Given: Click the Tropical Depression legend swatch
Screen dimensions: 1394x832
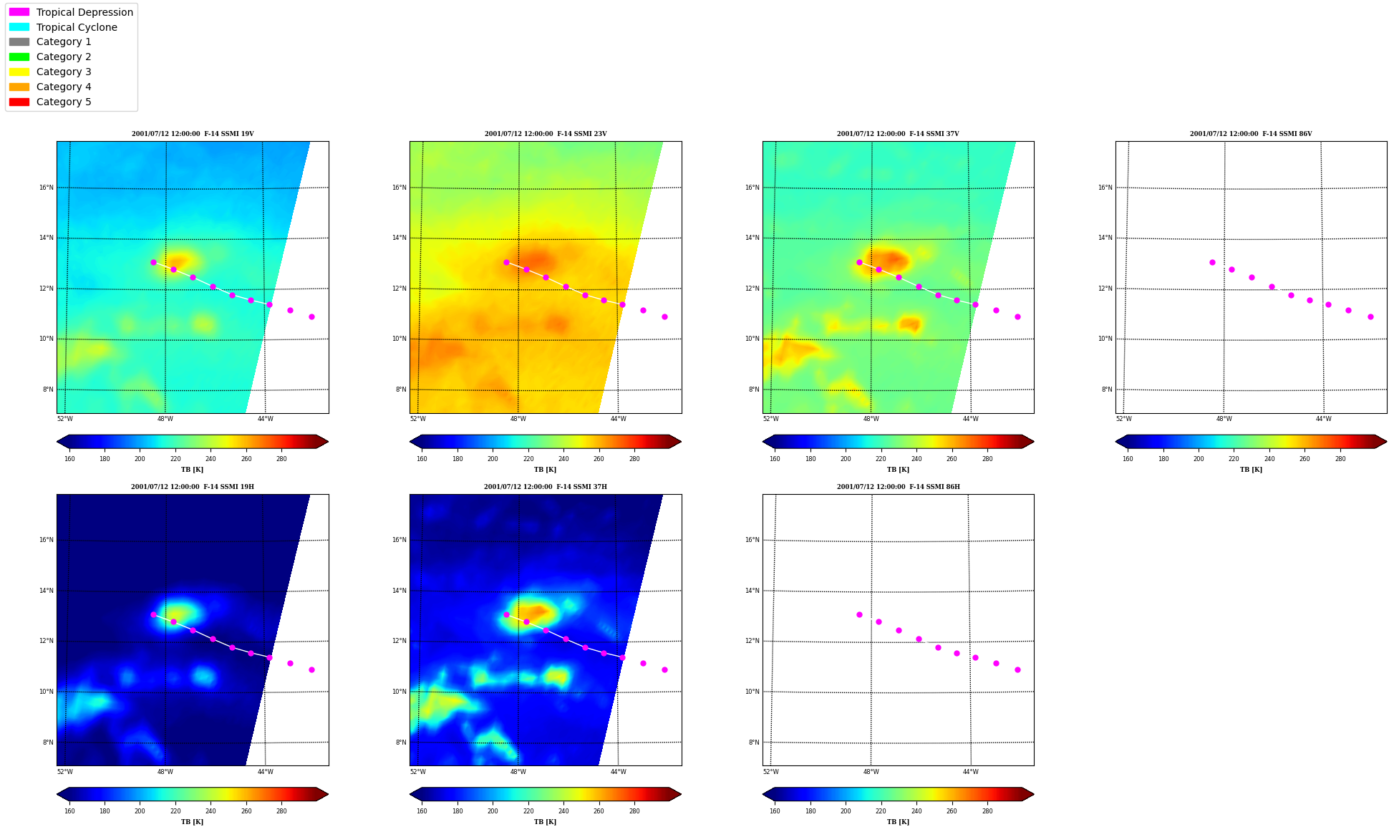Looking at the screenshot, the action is pyautogui.click(x=19, y=12).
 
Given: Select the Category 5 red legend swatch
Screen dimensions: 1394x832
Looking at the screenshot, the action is pyautogui.click(x=19, y=102).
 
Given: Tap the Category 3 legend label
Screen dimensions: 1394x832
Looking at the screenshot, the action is pyautogui.click(x=64, y=72).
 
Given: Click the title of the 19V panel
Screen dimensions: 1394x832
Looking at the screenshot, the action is pyautogui.click(x=193, y=134).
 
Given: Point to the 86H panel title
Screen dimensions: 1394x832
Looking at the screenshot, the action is pyautogui.click(x=899, y=487).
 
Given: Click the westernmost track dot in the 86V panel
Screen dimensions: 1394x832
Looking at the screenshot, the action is pyautogui.click(x=1212, y=262).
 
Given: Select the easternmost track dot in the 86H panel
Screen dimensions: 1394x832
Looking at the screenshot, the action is pyautogui.click(x=1017, y=669).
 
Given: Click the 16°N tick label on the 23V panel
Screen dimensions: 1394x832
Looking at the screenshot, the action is pyautogui.click(x=399, y=188).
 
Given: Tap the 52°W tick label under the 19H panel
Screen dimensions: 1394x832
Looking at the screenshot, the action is pyautogui.click(x=64, y=772).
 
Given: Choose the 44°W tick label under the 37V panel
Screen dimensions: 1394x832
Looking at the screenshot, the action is pyautogui.click(x=971, y=419).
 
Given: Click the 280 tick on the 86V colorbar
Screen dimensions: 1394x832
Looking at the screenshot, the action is pyautogui.click(x=1340, y=459).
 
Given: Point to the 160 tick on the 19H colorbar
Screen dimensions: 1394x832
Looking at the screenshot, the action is pyautogui.click(x=69, y=811).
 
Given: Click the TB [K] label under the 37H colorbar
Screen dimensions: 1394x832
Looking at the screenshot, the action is pyautogui.click(x=545, y=822).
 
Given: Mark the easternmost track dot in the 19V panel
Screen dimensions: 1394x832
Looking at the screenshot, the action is pyautogui.click(x=311, y=316).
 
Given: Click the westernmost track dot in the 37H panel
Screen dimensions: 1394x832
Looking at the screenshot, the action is pyautogui.click(x=506, y=614).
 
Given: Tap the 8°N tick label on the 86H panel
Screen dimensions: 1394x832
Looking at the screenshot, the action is pyautogui.click(x=754, y=742).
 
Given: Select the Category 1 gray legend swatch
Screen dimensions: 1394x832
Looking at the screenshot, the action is pyautogui.click(x=19, y=42).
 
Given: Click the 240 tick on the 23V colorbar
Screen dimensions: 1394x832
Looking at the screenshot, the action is pyautogui.click(x=563, y=459).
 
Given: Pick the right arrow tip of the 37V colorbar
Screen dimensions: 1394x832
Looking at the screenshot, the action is pyautogui.click(x=1034, y=441).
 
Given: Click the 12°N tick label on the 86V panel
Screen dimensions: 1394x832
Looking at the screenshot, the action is pyautogui.click(x=1105, y=289).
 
